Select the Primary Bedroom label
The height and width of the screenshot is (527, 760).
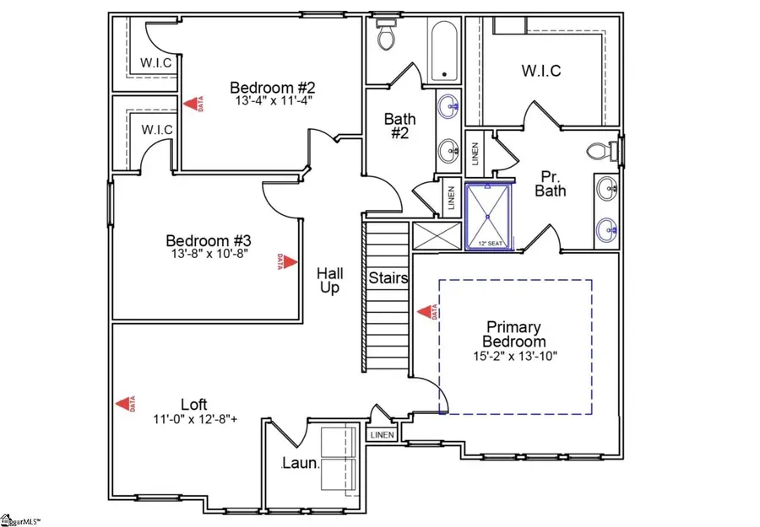point(513,334)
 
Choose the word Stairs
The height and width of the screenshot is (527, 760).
point(388,277)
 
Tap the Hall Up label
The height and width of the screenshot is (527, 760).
point(328,281)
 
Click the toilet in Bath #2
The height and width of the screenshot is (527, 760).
point(387,34)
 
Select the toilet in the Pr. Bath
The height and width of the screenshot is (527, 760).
point(600,153)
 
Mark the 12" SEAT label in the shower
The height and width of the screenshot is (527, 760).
point(489,244)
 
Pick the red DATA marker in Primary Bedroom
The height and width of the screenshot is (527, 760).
point(425,312)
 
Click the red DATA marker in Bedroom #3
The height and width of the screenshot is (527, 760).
point(285,261)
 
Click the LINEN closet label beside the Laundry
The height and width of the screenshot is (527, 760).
point(381,435)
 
